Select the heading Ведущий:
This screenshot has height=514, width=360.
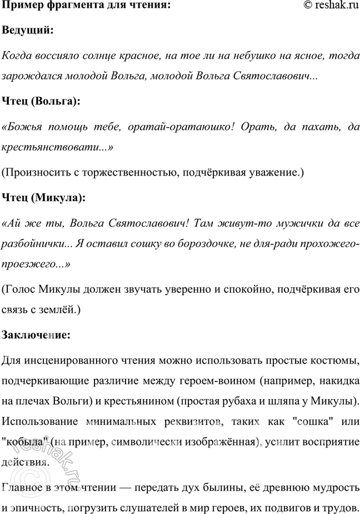(x=28, y=31)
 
